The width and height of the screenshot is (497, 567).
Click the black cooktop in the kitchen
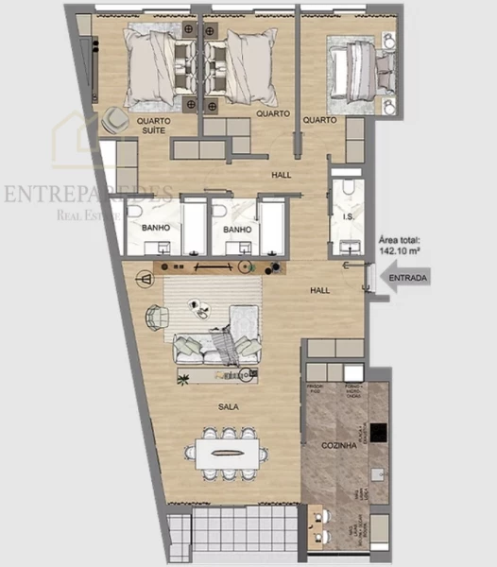(379, 432)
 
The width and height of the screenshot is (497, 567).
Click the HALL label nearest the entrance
(320, 290)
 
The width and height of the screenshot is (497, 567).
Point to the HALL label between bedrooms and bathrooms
(281, 175)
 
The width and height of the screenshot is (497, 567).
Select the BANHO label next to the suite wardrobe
(155, 229)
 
